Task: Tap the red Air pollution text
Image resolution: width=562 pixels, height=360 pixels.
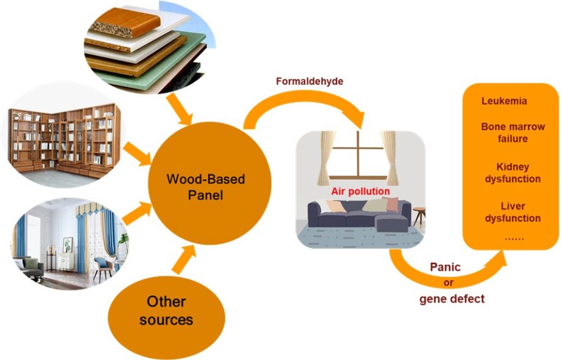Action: point(360,191)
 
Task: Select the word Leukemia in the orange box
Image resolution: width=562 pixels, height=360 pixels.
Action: point(504,101)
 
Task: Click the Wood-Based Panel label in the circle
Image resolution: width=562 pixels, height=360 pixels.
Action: point(205,187)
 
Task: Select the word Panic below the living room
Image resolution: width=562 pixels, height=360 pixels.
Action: point(445,267)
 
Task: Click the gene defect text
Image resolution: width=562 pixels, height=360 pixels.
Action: point(451,298)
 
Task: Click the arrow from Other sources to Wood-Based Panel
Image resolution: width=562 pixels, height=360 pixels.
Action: point(183,259)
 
